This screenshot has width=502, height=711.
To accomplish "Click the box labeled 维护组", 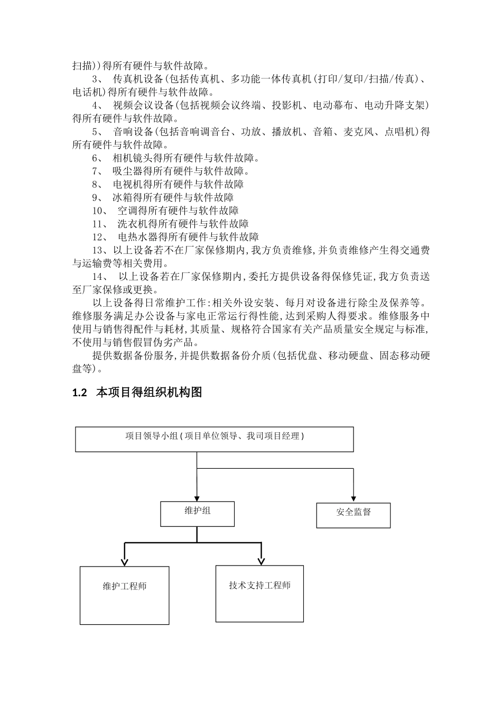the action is tap(197, 514).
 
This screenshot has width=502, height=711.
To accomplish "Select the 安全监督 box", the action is tap(353, 515).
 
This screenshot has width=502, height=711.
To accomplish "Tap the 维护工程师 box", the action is tap(125, 595).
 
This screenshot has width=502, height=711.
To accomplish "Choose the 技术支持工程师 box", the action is tap(259, 594).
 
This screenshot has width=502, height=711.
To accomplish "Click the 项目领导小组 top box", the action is tap(214, 439).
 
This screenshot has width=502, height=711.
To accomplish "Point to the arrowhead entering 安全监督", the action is tap(353, 499).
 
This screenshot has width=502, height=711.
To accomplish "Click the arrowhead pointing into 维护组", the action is tap(197, 498).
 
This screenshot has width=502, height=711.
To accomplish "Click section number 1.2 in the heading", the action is tap(79, 393).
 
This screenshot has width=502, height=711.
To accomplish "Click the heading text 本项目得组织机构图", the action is tap(149, 393).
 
